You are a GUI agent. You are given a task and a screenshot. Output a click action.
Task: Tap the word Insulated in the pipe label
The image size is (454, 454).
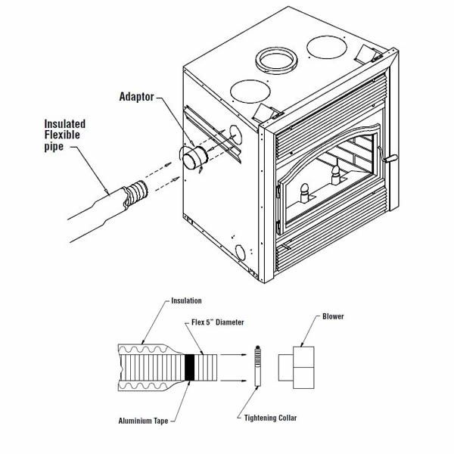click(x=64, y=123)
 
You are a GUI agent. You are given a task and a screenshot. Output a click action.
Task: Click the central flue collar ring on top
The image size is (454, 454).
click(x=277, y=60)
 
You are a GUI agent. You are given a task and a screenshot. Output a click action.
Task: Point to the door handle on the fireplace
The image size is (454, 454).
click(x=390, y=158)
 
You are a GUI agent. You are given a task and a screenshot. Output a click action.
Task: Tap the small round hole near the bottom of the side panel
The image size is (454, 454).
click(x=241, y=253)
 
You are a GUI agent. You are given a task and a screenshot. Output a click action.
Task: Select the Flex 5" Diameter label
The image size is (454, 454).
click(x=216, y=324)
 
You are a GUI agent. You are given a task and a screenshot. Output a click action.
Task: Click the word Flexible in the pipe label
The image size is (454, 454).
click(x=64, y=135)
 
